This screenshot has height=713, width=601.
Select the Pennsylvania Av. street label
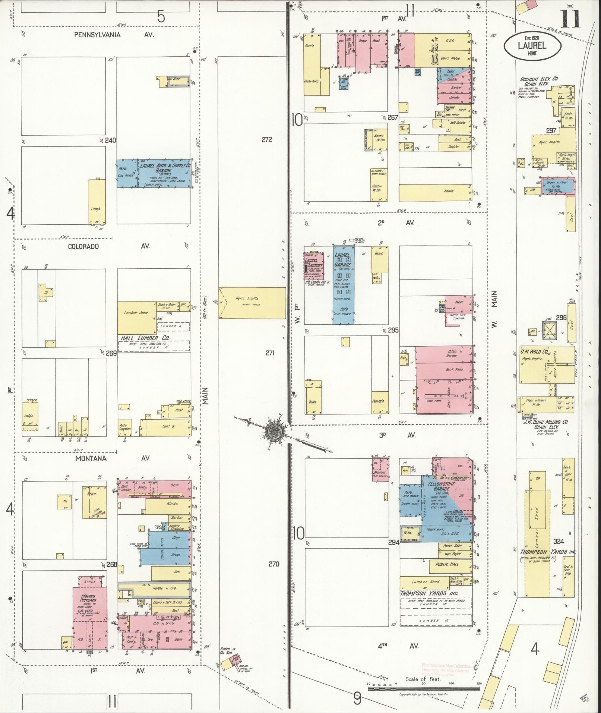(114, 35)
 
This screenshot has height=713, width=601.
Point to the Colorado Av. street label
(108, 246)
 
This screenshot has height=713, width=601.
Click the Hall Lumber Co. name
(145, 338)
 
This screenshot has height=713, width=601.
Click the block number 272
(267, 140)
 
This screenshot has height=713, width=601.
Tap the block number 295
(393, 330)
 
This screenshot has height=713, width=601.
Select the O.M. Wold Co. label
(534, 352)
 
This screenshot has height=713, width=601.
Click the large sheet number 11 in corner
(570, 19)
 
